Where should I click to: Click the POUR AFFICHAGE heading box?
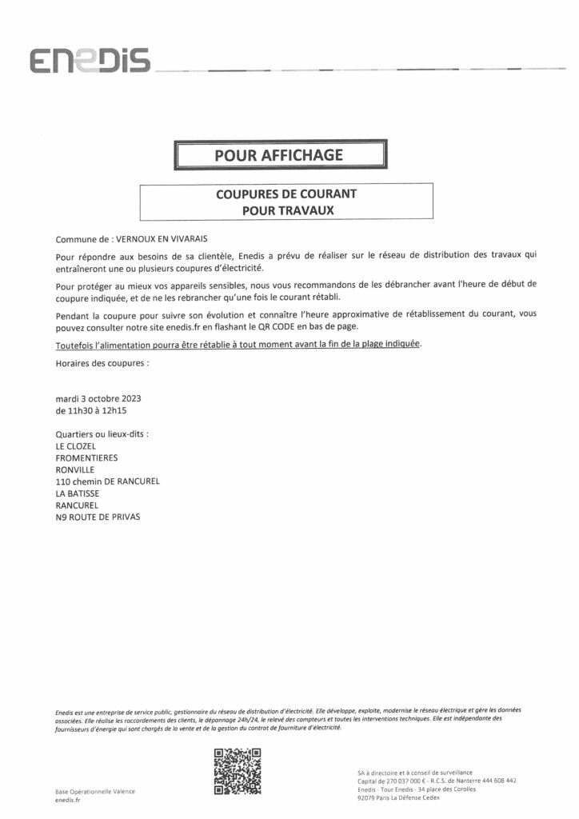(x=280, y=155)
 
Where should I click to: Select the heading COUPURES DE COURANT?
(x=286, y=194)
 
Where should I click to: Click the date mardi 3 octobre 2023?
(x=99, y=398)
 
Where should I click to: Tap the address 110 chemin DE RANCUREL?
(x=108, y=481)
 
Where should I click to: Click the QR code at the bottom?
(x=238, y=771)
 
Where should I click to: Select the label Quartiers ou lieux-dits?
(x=103, y=433)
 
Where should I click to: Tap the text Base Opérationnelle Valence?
(x=95, y=790)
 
